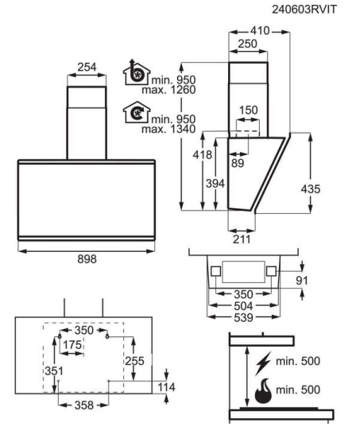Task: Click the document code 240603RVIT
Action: coord(304,10)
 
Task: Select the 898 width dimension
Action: coord(87,259)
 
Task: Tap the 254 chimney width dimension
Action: coord(87,67)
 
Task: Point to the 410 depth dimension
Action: coord(260,31)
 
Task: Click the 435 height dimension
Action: coord(311,189)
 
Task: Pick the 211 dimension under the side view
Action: coord(242,239)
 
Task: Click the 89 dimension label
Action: coord(238,163)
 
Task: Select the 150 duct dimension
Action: coord(248,110)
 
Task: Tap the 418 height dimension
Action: coord(203,155)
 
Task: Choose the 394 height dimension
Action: coord(215,184)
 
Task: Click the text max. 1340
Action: coord(168,129)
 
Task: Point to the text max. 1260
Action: coord(168,90)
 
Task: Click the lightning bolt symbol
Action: coord(263,363)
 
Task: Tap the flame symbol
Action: coord(263,390)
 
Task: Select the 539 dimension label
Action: coord(243,318)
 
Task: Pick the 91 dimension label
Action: coord(302,281)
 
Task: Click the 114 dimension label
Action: coord(166,387)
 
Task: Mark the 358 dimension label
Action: coord(84,405)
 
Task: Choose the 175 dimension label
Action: coord(72,345)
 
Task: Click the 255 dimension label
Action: coord(134,361)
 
